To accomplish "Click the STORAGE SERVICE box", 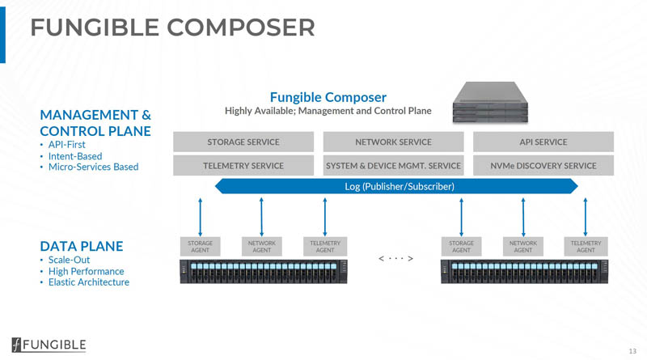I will click(x=243, y=142).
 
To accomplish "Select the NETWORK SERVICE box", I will click(x=393, y=142).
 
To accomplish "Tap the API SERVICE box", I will click(x=543, y=142).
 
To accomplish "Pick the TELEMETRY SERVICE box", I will click(x=243, y=166).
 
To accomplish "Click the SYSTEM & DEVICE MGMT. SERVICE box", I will click(x=393, y=166).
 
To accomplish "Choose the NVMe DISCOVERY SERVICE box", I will click(x=543, y=166).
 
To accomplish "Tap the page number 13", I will click(x=632, y=350).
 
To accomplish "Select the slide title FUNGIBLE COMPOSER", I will click(x=172, y=28).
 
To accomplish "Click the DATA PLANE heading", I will click(x=81, y=244).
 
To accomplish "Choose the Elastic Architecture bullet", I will click(x=88, y=282).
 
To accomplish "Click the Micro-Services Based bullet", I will click(x=93, y=167).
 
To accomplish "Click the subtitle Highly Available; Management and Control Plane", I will click(x=328, y=110).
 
